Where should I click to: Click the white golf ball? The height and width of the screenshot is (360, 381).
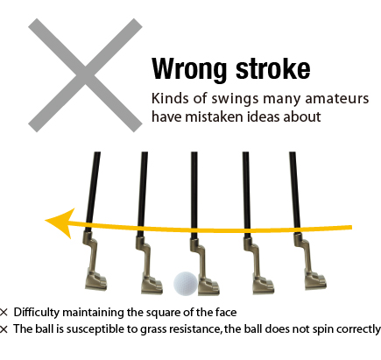186,284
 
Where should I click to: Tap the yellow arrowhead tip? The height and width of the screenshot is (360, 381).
45,221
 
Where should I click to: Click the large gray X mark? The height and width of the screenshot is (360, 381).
85,75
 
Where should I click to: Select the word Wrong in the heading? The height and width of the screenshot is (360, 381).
189,69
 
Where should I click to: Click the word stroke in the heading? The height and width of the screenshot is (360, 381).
273,68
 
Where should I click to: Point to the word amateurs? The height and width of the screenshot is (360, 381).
337,98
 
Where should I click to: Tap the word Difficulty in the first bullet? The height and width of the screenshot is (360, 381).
37,313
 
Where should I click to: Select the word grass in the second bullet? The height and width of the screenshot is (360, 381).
154,329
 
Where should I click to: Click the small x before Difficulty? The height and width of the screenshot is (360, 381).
4,313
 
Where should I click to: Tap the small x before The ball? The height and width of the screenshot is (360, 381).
4,329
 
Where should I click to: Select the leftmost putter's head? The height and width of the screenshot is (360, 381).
95,281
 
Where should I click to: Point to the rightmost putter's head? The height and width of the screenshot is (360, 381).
315,280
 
